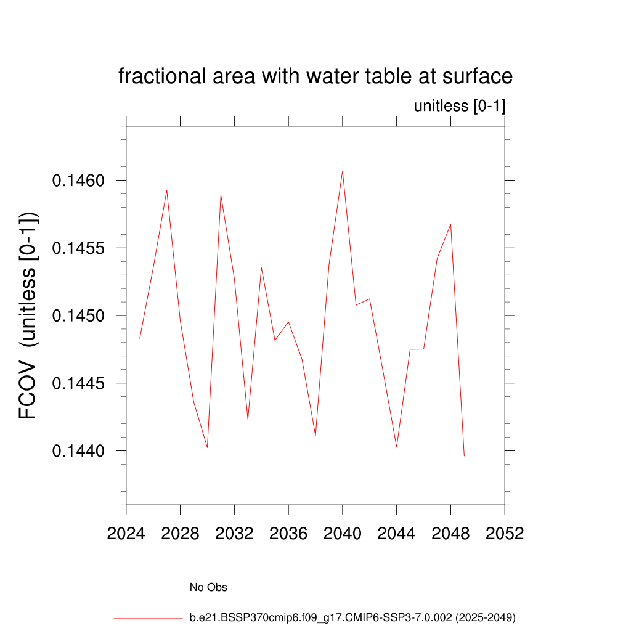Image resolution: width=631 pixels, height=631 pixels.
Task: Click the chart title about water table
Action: click(x=315, y=76)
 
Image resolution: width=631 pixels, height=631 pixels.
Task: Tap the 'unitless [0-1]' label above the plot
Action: click(x=460, y=106)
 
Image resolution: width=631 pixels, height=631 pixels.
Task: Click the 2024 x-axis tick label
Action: click(x=126, y=533)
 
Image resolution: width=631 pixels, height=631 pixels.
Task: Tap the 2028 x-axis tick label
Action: click(x=180, y=533)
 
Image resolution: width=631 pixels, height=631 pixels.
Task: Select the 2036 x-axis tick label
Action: click(x=288, y=533)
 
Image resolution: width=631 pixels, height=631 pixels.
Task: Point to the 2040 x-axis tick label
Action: click(x=343, y=533)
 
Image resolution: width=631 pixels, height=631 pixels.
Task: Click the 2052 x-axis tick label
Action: click(x=505, y=533)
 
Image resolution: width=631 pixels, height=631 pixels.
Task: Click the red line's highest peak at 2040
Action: click(x=343, y=171)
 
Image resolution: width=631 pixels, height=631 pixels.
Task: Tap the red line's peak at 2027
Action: click(x=167, y=190)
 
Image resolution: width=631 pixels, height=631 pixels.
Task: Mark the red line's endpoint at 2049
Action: click(x=464, y=455)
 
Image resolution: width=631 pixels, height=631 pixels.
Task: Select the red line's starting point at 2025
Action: click(x=140, y=338)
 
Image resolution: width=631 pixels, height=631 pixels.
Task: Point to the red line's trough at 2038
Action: click(x=315, y=436)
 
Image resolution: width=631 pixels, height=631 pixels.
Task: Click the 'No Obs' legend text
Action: click(x=208, y=587)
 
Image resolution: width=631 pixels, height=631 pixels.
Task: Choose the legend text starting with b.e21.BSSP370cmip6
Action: click(x=352, y=617)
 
